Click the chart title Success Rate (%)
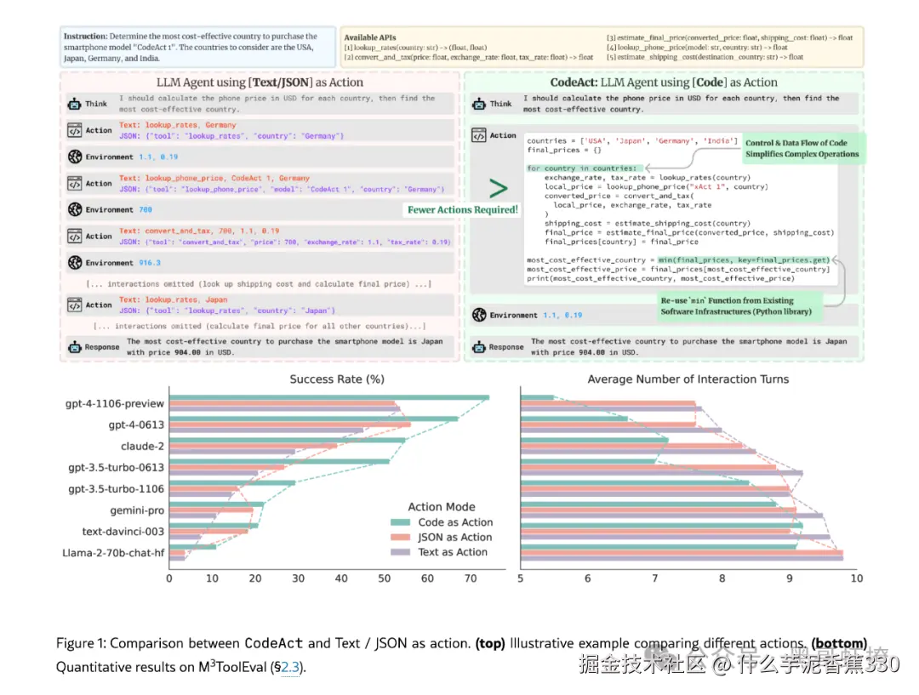[337, 379]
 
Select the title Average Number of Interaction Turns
[688, 379]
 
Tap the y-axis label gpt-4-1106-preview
[115, 403]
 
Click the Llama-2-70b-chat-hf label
[113, 553]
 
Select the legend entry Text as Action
[453, 552]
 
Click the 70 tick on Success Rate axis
[471, 578]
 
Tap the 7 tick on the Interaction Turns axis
[654, 578]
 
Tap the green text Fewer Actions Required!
[462, 210]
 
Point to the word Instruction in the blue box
[86, 37]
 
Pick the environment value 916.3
[150, 263]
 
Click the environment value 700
[145, 210]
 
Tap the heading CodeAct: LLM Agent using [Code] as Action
[664, 83]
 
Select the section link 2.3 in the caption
[291, 668]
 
